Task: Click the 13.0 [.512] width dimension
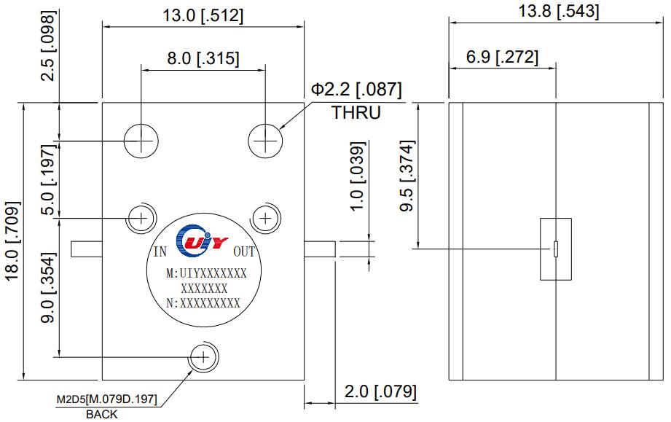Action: pyautogui.click(x=203, y=16)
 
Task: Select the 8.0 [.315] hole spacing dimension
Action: pyautogui.click(x=203, y=58)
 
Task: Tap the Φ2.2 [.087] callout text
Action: pyautogui.click(x=356, y=90)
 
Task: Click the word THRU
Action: pyautogui.click(x=356, y=112)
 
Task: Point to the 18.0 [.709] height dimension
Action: pyautogui.click(x=12, y=241)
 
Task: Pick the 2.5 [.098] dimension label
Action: pyautogui.click(x=48, y=46)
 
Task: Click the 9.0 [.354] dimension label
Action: pyautogui.click(x=48, y=288)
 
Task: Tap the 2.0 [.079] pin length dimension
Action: pyautogui.click(x=380, y=391)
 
